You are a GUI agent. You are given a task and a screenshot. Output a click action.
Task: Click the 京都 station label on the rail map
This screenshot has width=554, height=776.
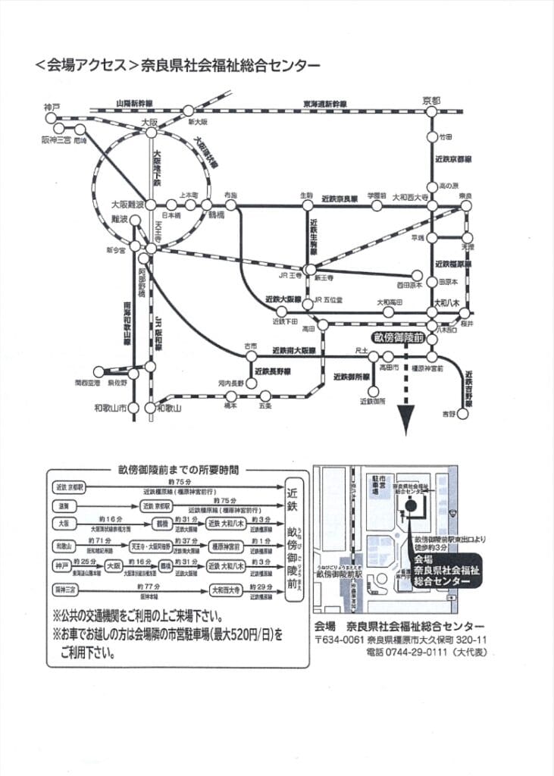tap(430, 101)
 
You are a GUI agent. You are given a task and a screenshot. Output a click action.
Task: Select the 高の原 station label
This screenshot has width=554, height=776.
tap(449, 186)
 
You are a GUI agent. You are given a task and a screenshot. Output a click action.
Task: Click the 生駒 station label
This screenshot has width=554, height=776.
tap(306, 195)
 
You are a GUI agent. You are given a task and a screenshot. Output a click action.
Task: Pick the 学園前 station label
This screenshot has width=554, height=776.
tap(377, 195)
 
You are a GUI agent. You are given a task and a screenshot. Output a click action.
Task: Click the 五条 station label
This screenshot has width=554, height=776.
tap(265, 406)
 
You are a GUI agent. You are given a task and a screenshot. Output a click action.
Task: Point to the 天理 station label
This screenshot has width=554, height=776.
tap(468, 246)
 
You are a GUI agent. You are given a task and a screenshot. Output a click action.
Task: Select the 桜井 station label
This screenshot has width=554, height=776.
tap(465, 324)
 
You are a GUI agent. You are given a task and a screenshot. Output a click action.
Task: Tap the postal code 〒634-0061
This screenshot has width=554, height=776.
tap(341, 640)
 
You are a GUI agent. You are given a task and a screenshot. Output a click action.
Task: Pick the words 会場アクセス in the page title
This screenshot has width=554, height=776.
tap(83, 66)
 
